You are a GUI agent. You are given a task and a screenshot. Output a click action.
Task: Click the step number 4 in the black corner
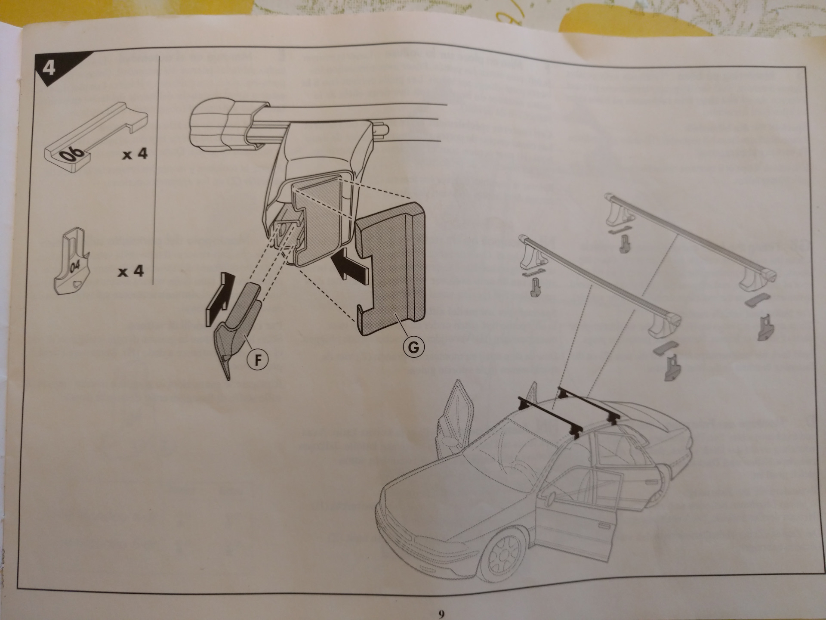pos(49,68)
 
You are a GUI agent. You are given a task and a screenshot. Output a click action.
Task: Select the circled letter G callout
pos(413,347)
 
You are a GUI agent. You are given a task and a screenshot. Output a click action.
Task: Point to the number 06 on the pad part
pos(74,154)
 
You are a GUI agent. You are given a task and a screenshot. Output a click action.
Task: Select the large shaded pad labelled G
pos(391,269)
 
